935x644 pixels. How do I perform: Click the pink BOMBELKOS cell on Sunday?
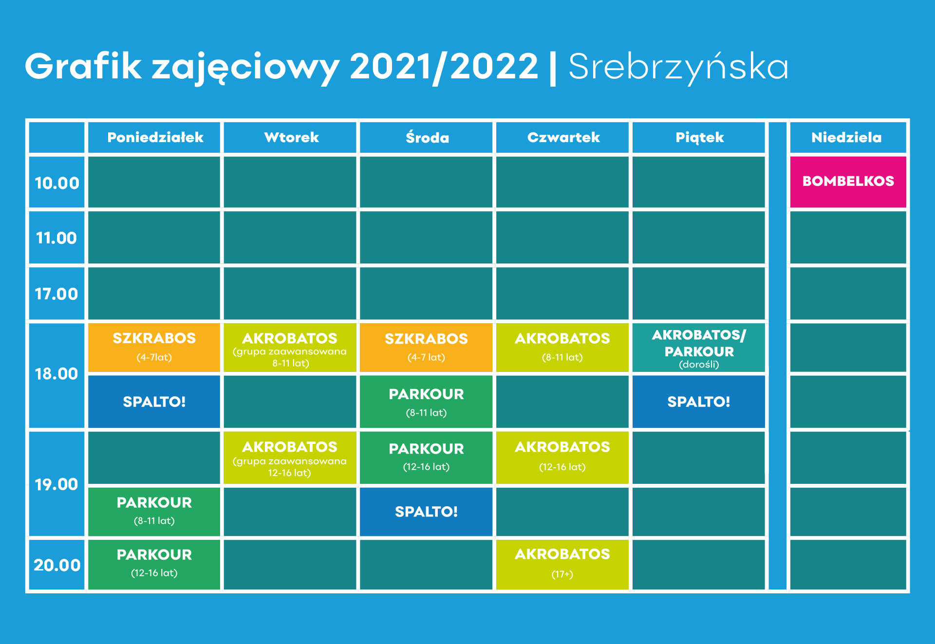tap(848, 182)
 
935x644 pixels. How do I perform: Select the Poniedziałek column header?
tap(154, 137)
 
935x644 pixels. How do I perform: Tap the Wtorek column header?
tap(290, 137)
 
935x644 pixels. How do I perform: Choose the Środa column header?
tap(426, 137)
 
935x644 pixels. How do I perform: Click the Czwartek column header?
tap(562, 137)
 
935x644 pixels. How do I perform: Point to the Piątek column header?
tap(699, 137)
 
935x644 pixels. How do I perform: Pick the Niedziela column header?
tap(848, 137)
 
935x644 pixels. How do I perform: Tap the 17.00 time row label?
tap(56, 294)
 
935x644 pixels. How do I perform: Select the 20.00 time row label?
tap(56, 565)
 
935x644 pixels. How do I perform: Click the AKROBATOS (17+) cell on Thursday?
tap(562, 565)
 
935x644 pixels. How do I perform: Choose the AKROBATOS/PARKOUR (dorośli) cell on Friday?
tap(699, 348)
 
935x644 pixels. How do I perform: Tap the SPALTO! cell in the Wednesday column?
tap(426, 512)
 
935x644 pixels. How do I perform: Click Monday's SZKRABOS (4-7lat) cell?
tap(154, 348)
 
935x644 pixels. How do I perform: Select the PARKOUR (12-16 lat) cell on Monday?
tap(154, 565)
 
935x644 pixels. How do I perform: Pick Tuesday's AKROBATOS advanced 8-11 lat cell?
tap(290, 348)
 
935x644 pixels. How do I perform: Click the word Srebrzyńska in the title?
tap(678, 67)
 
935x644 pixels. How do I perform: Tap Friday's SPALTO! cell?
tap(699, 402)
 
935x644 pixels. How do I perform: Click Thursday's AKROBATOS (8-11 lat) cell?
tap(562, 348)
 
